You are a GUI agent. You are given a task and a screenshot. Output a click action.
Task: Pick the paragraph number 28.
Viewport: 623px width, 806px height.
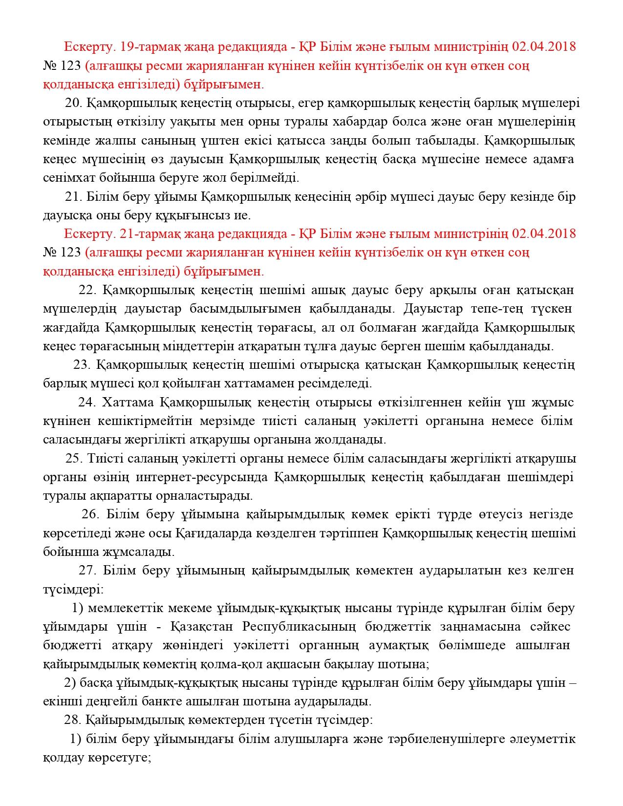click(71, 720)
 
